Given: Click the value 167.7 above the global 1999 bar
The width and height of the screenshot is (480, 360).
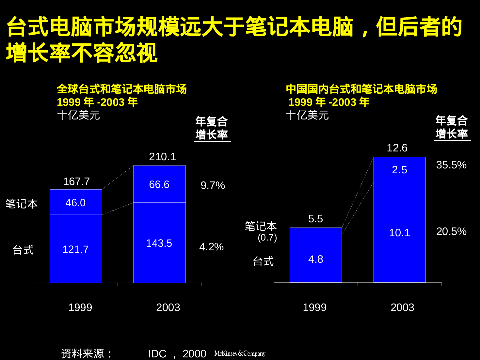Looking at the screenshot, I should [76, 181].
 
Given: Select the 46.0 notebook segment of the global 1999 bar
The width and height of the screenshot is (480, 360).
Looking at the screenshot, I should [75, 203].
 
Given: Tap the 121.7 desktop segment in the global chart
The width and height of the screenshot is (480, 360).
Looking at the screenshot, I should [75, 249].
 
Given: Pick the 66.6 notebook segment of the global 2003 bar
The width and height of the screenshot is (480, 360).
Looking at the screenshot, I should [159, 184].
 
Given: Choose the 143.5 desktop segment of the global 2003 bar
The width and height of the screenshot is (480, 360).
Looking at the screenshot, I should [159, 243].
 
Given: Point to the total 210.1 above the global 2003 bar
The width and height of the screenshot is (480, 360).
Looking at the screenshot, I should [162, 157].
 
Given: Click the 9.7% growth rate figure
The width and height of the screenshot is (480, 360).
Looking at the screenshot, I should [213, 185].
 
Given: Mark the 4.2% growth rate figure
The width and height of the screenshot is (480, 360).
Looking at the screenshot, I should [211, 247].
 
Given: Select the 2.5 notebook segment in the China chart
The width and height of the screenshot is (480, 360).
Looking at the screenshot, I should [399, 170].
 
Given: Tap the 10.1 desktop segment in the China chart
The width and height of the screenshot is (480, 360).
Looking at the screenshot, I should [399, 233].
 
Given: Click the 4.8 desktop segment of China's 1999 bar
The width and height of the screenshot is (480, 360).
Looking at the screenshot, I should [315, 259].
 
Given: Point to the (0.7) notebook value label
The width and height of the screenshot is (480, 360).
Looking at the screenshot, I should [267, 237].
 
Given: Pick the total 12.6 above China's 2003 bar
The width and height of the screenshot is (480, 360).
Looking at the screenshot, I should [397, 148].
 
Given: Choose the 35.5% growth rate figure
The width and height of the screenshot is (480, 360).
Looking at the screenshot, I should [451, 165].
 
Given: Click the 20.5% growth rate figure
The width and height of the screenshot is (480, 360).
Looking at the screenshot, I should [451, 231].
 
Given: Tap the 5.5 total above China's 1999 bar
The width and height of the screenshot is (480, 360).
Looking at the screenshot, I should [315, 219].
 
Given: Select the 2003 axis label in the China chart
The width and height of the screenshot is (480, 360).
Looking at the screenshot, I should [402, 307].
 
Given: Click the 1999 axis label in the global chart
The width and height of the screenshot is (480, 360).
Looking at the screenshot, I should [80, 307].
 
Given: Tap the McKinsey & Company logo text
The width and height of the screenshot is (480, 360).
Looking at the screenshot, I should [240, 353].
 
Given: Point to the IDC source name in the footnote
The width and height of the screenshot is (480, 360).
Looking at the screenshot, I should [157, 354].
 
